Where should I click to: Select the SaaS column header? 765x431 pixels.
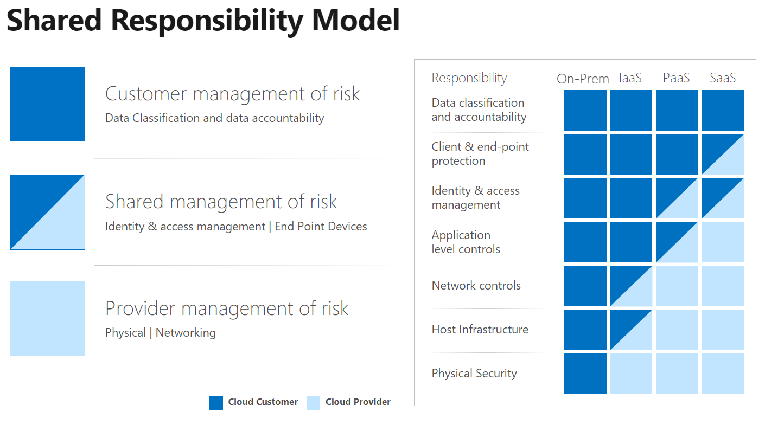(x=723, y=78)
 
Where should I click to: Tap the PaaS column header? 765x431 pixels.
(x=676, y=78)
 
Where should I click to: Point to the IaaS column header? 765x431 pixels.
(x=630, y=78)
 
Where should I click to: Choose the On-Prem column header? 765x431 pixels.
(x=583, y=79)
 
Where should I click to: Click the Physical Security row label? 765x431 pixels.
(x=474, y=373)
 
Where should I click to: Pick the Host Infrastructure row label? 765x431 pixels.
(x=480, y=329)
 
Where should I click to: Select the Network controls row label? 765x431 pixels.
(x=476, y=285)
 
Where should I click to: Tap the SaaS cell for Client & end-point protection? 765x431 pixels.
(x=723, y=155)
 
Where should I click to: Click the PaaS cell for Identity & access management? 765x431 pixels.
(x=677, y=198)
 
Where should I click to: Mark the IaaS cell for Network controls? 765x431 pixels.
(x=631, y=286)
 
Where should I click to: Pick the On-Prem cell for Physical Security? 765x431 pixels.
(x=585, y=374)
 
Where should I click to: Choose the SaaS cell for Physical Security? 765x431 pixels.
(x=723, y=374)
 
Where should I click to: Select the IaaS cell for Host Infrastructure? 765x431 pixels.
(x=631, y=330)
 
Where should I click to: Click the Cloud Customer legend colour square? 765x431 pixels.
(x=216, y=403)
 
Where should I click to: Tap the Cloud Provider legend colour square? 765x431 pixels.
(x=313, y=403)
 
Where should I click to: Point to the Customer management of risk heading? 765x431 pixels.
(x=232, y=93)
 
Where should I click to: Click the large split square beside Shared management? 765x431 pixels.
(x=47, y=212)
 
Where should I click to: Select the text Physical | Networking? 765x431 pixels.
(x=160, y=332)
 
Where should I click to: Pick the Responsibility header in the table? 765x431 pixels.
(x=469, y=78)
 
